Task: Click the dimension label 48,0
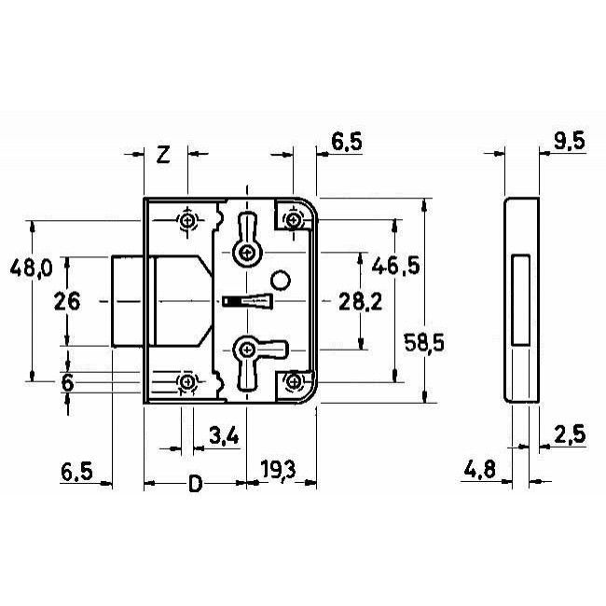[32, 268]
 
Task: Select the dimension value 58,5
[424, 342]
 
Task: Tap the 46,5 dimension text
[395, 266]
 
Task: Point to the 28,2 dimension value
[360, 301]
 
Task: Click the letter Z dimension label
[163, 155]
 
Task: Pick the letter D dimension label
[196, 484]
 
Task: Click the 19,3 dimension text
[278, 470]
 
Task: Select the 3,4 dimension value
[224, 435]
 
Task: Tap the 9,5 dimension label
[570, 141]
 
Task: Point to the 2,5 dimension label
[570, 434]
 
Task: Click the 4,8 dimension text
[479, 470]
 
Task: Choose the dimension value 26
[67, 301]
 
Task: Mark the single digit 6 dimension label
[68, 383]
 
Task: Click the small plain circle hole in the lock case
[281, 280]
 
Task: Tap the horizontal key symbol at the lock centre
[248, 301]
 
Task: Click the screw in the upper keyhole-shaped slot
[246, 254]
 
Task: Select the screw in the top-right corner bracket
[294, 220]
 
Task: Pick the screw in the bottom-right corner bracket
[294, 382]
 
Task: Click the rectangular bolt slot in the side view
[520, 300]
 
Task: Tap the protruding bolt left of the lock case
[128, 301]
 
